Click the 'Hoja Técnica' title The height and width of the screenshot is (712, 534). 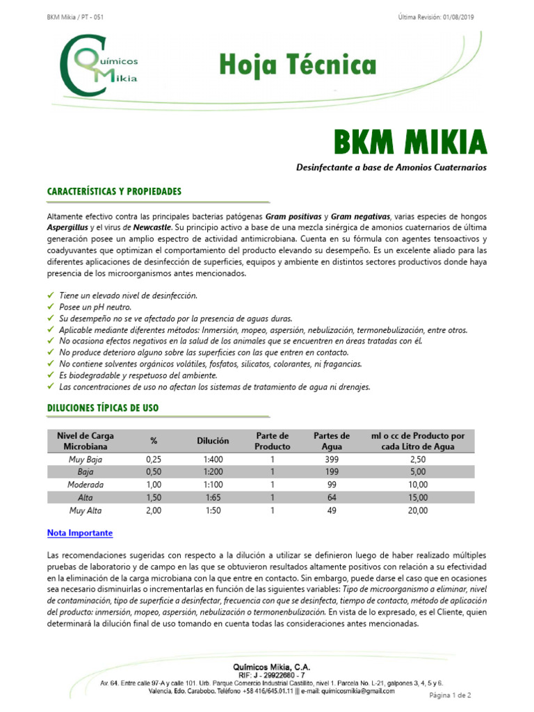tap(298, 66)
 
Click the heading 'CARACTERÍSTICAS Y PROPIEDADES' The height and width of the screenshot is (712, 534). tap(114, 191)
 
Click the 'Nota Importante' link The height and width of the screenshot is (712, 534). tap(80, 533)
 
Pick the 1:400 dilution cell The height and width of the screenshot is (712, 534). tap(213, 460)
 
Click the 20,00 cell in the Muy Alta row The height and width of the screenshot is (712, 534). tap(418, 510)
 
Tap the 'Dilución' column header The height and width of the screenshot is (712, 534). tap(213, 441)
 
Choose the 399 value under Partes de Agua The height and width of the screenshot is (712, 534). tap(332, 460)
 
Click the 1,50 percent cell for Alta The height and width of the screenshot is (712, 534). tap(154, 497)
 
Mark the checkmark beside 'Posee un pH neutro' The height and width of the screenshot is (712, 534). tap(51, 307)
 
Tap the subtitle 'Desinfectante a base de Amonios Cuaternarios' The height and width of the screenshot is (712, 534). tap(391, 168)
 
